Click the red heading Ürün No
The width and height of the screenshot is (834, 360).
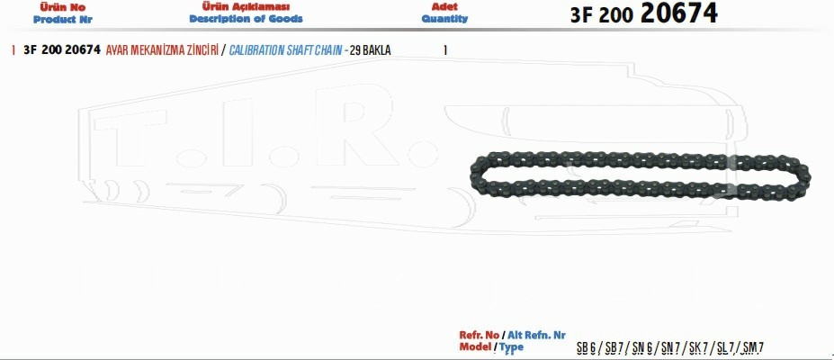pos(62,7)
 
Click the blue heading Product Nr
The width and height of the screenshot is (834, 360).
pos(62,20)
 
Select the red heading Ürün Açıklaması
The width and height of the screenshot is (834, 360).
pos(246,7)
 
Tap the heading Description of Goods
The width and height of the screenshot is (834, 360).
pos(246,19)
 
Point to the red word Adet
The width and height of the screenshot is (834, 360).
pos(444,7)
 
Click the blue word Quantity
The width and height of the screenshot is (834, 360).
pos(444,19)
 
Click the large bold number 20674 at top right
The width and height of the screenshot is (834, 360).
pos(678,13)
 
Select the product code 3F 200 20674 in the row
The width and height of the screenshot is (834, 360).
pos(62,50)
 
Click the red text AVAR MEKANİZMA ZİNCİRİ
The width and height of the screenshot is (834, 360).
pos(162,50)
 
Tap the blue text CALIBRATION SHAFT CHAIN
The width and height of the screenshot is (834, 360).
pos(285,50)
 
